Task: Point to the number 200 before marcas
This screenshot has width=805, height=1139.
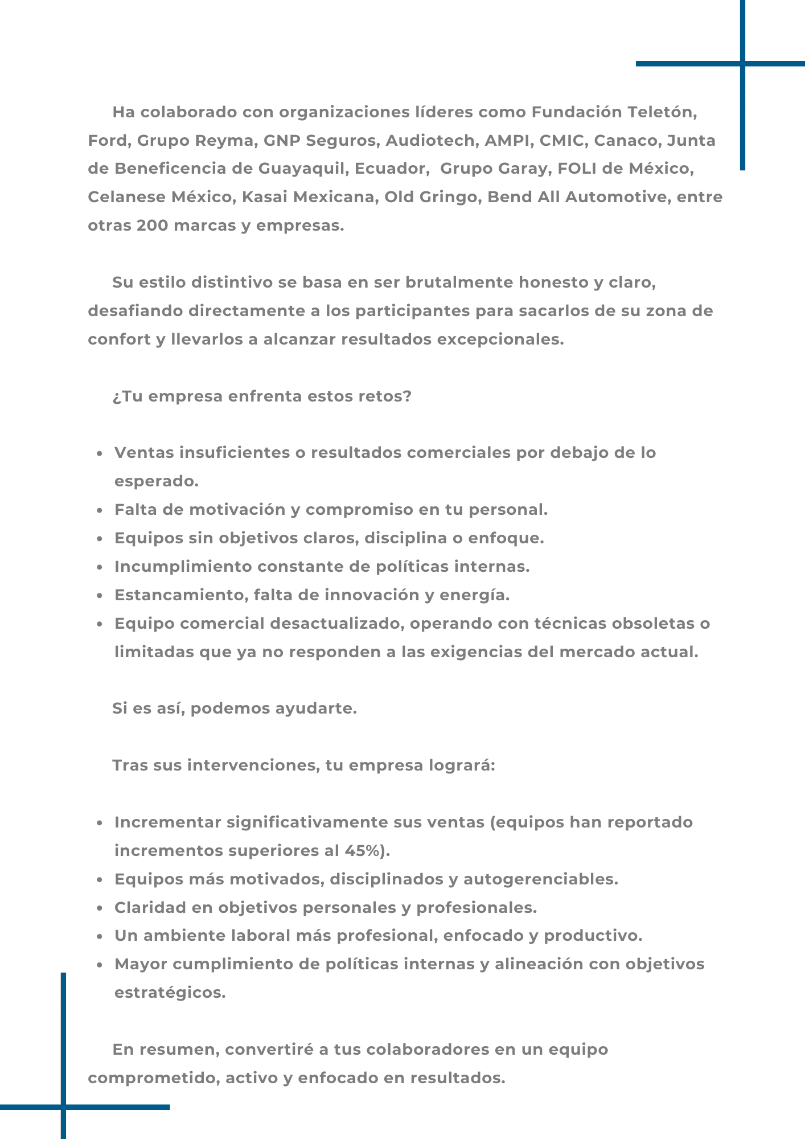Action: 153,226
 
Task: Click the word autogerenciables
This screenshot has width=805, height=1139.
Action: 540,879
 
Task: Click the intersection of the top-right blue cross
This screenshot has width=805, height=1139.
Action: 742,64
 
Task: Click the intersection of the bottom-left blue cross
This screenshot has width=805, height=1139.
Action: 63,1107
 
